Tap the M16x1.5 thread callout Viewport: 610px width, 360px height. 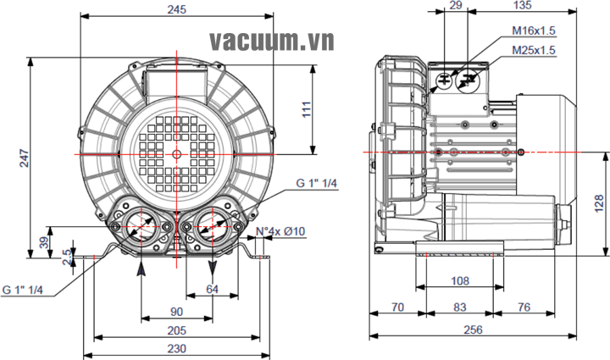[x=534, y=30]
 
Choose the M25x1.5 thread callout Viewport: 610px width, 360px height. [x=534, y=50]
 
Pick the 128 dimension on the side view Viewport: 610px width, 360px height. [x=597, y=202]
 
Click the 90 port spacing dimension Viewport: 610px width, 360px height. [x=176, y=312]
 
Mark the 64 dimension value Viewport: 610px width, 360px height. [x=212, y=289]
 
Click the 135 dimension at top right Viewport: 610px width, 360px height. [x=523, y=6]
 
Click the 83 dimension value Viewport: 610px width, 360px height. [x=458, y=307]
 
